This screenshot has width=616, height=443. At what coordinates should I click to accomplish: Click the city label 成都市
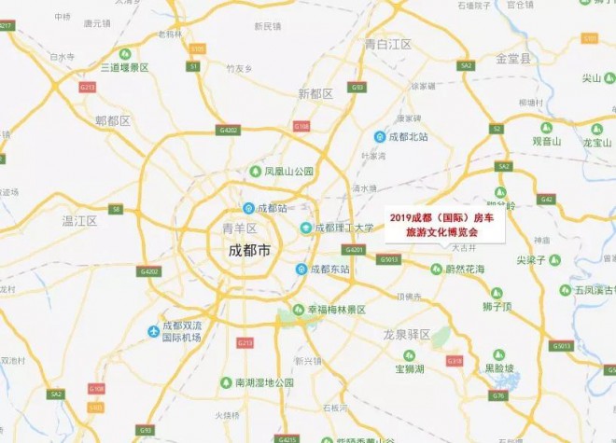249,251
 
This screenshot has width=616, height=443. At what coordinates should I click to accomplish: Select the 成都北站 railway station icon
380,136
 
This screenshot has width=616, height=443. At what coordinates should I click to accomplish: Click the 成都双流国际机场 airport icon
153,331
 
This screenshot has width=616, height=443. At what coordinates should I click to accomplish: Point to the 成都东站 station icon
301,269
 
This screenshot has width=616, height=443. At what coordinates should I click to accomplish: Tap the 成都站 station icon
248,208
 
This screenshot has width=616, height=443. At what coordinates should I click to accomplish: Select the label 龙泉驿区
406,333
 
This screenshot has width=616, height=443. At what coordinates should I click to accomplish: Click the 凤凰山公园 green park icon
255,172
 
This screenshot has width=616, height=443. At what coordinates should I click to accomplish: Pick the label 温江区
79,221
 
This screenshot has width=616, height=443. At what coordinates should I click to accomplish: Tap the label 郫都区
112,121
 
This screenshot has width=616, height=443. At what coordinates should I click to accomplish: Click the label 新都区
315,93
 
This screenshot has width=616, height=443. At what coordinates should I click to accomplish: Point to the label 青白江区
388,44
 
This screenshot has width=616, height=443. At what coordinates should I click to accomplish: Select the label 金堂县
512,58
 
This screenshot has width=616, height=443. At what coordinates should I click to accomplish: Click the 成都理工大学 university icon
305,228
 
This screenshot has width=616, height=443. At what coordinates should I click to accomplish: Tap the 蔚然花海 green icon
436,269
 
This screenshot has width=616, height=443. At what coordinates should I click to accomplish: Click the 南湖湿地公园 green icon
225,382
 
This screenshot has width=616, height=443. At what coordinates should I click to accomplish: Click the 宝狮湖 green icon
408,354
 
